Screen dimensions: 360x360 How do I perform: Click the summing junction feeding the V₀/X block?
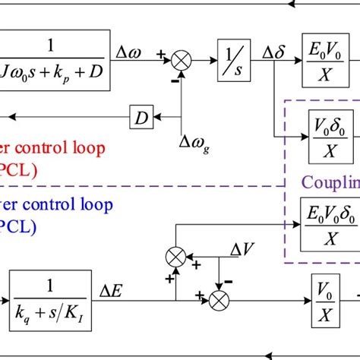[x=218, y=298]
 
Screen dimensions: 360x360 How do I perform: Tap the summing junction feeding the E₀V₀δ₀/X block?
[x=175, y=256]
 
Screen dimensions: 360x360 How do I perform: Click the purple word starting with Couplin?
[x=331, y=182]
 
